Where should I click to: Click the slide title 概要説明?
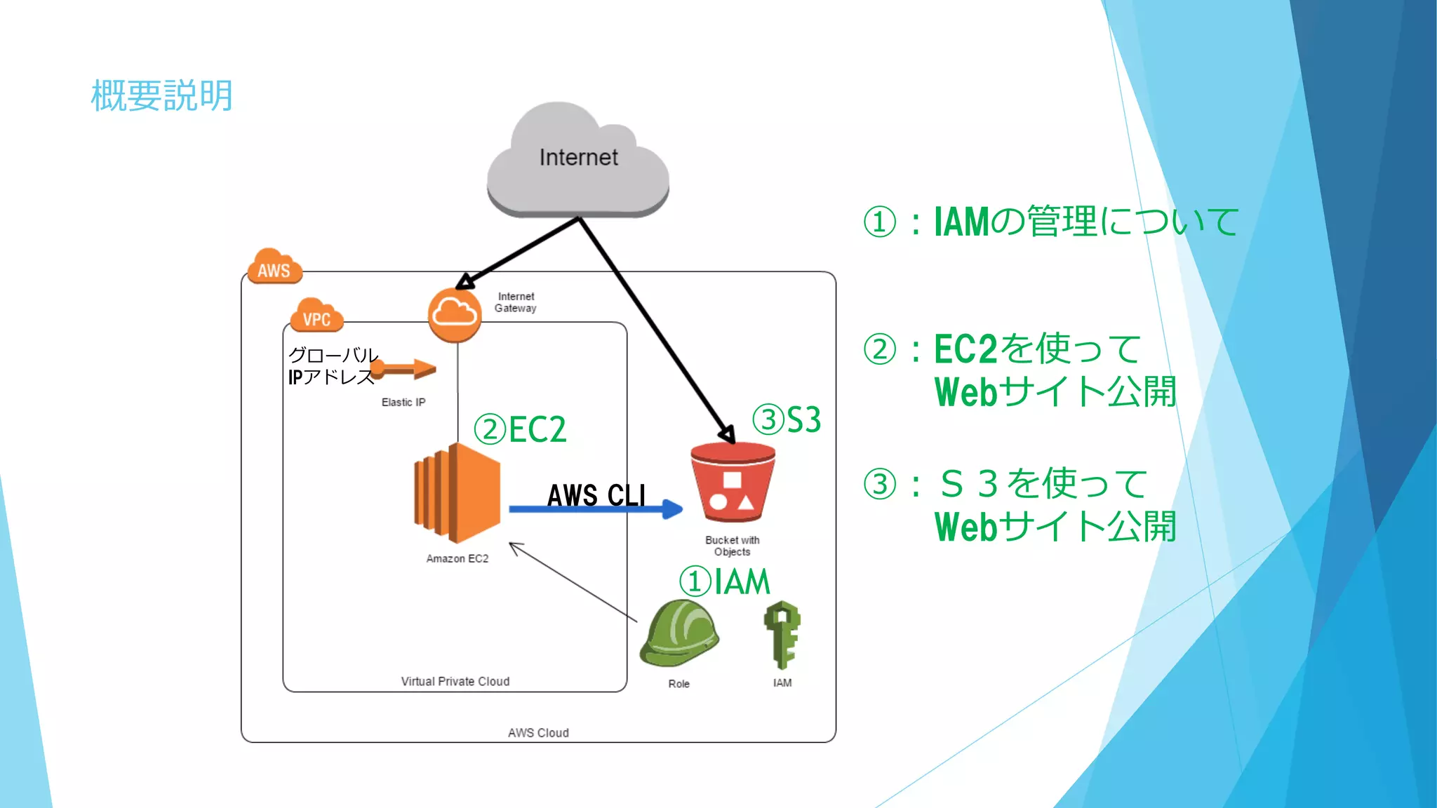[161, 95]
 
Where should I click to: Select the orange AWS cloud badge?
[274, 267]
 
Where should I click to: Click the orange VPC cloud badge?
[317, 316]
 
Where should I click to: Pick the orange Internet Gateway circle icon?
[455, 315]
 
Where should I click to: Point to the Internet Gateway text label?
[516, 302]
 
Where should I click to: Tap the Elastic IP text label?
[403, 402]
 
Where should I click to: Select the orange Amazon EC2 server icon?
[457, 493]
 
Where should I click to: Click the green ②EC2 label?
[520, 429]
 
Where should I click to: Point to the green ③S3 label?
[786, 419]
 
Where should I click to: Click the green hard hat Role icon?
[679, 633]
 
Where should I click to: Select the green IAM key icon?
[782, 635]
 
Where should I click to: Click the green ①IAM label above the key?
[724, 581]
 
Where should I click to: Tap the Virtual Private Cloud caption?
[455, 681]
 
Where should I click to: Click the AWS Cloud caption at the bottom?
[538, 733]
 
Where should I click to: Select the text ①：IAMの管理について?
[1050, 222]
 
